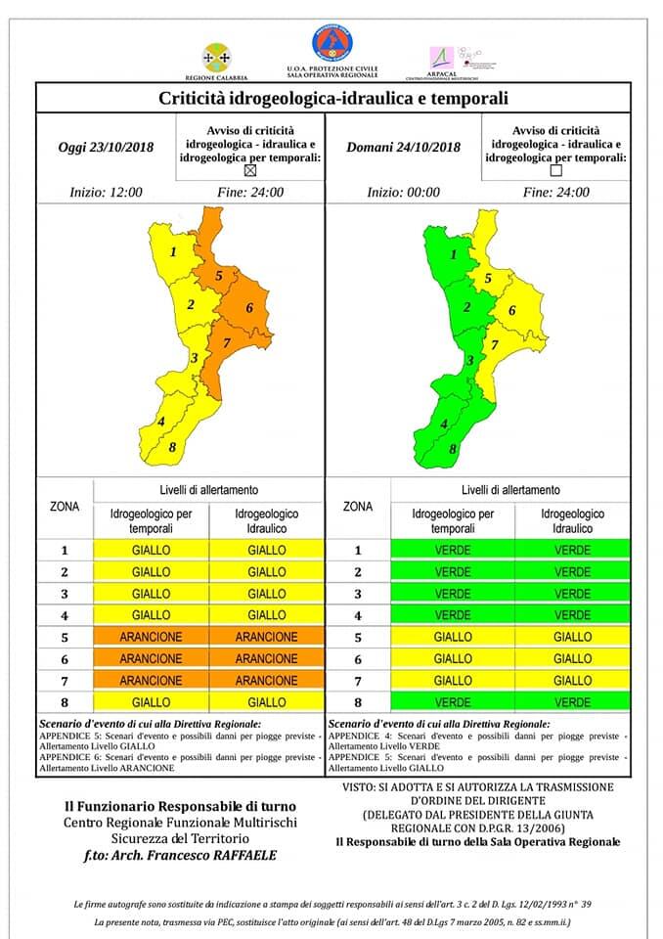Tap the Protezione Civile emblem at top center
[332, 44]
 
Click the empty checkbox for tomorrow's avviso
[556, 169]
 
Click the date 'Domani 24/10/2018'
[403, 148]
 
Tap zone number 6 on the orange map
[250, 308]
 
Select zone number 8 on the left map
[172, 448]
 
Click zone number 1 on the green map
[453, 254]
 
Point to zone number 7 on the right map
[495, 344]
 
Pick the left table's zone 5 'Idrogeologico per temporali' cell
[152, 637]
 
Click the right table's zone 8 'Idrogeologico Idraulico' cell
[572, 702]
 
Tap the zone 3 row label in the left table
[65, 594]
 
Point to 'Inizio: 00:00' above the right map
[404, 192]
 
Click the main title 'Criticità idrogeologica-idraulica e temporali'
[332, 99]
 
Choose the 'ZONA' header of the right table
[358, 507]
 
